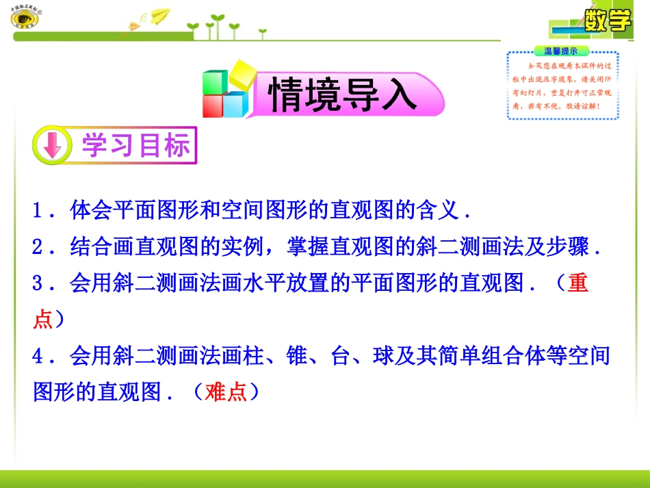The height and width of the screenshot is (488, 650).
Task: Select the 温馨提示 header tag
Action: click(x=561, y=50)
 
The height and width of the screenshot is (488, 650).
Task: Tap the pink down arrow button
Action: click(x=53, y=146)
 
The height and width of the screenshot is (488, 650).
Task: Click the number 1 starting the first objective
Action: click(x=40, y=210)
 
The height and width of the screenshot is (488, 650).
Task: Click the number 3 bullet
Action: click(x=40, y=283)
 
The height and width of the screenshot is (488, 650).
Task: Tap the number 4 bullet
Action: click(x=40, y=355)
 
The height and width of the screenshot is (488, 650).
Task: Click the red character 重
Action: click(x=577, y=283)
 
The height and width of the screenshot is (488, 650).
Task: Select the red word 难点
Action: click(x=226, y=391)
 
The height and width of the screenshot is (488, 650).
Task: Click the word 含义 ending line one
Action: click(x=435, y=210)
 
